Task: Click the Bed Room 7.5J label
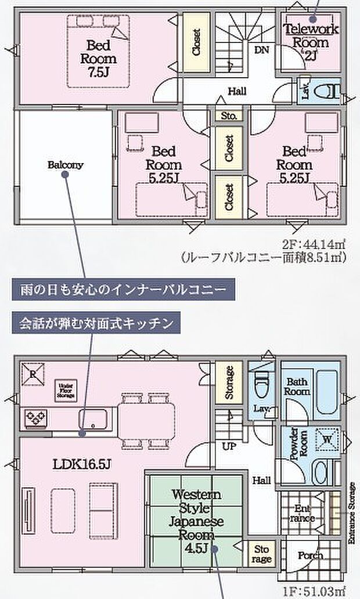(x=102, y=58)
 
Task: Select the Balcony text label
(x=65, y=165)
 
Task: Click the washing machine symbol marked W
(x=326, y=439)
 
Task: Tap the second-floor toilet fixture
(x=328, y=92)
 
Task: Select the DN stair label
(x=261, y=50)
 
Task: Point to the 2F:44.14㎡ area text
(x=310, y=243)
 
